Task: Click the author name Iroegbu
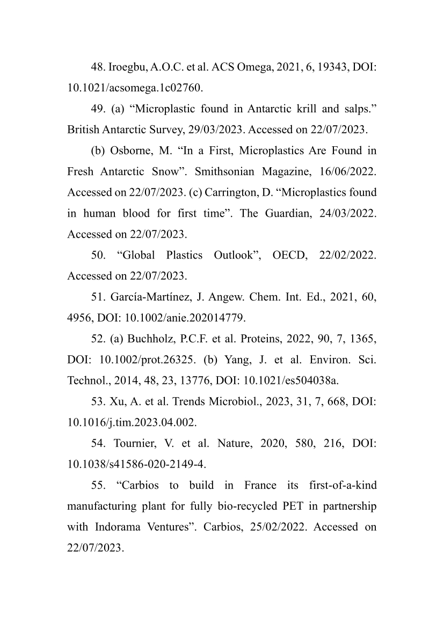(x=127, y=68)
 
